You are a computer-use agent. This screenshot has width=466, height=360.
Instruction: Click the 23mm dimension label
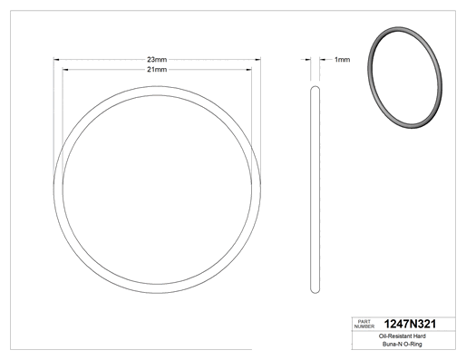coord(157,59)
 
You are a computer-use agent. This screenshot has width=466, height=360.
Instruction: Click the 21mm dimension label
coord(157,70)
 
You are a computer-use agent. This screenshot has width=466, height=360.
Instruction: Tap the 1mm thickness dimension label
coord(342,60)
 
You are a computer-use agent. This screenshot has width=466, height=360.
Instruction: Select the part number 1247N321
coord(410,324)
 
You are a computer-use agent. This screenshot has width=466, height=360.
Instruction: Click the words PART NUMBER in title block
coord(364,324)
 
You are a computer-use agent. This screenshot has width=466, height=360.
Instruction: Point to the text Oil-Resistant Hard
coord(403,336)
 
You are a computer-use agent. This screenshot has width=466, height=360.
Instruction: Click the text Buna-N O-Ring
coord(403,344)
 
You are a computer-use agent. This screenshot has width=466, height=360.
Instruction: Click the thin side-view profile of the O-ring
coord(311,190)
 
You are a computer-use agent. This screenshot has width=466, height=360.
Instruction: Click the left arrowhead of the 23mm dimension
coord(56,60)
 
